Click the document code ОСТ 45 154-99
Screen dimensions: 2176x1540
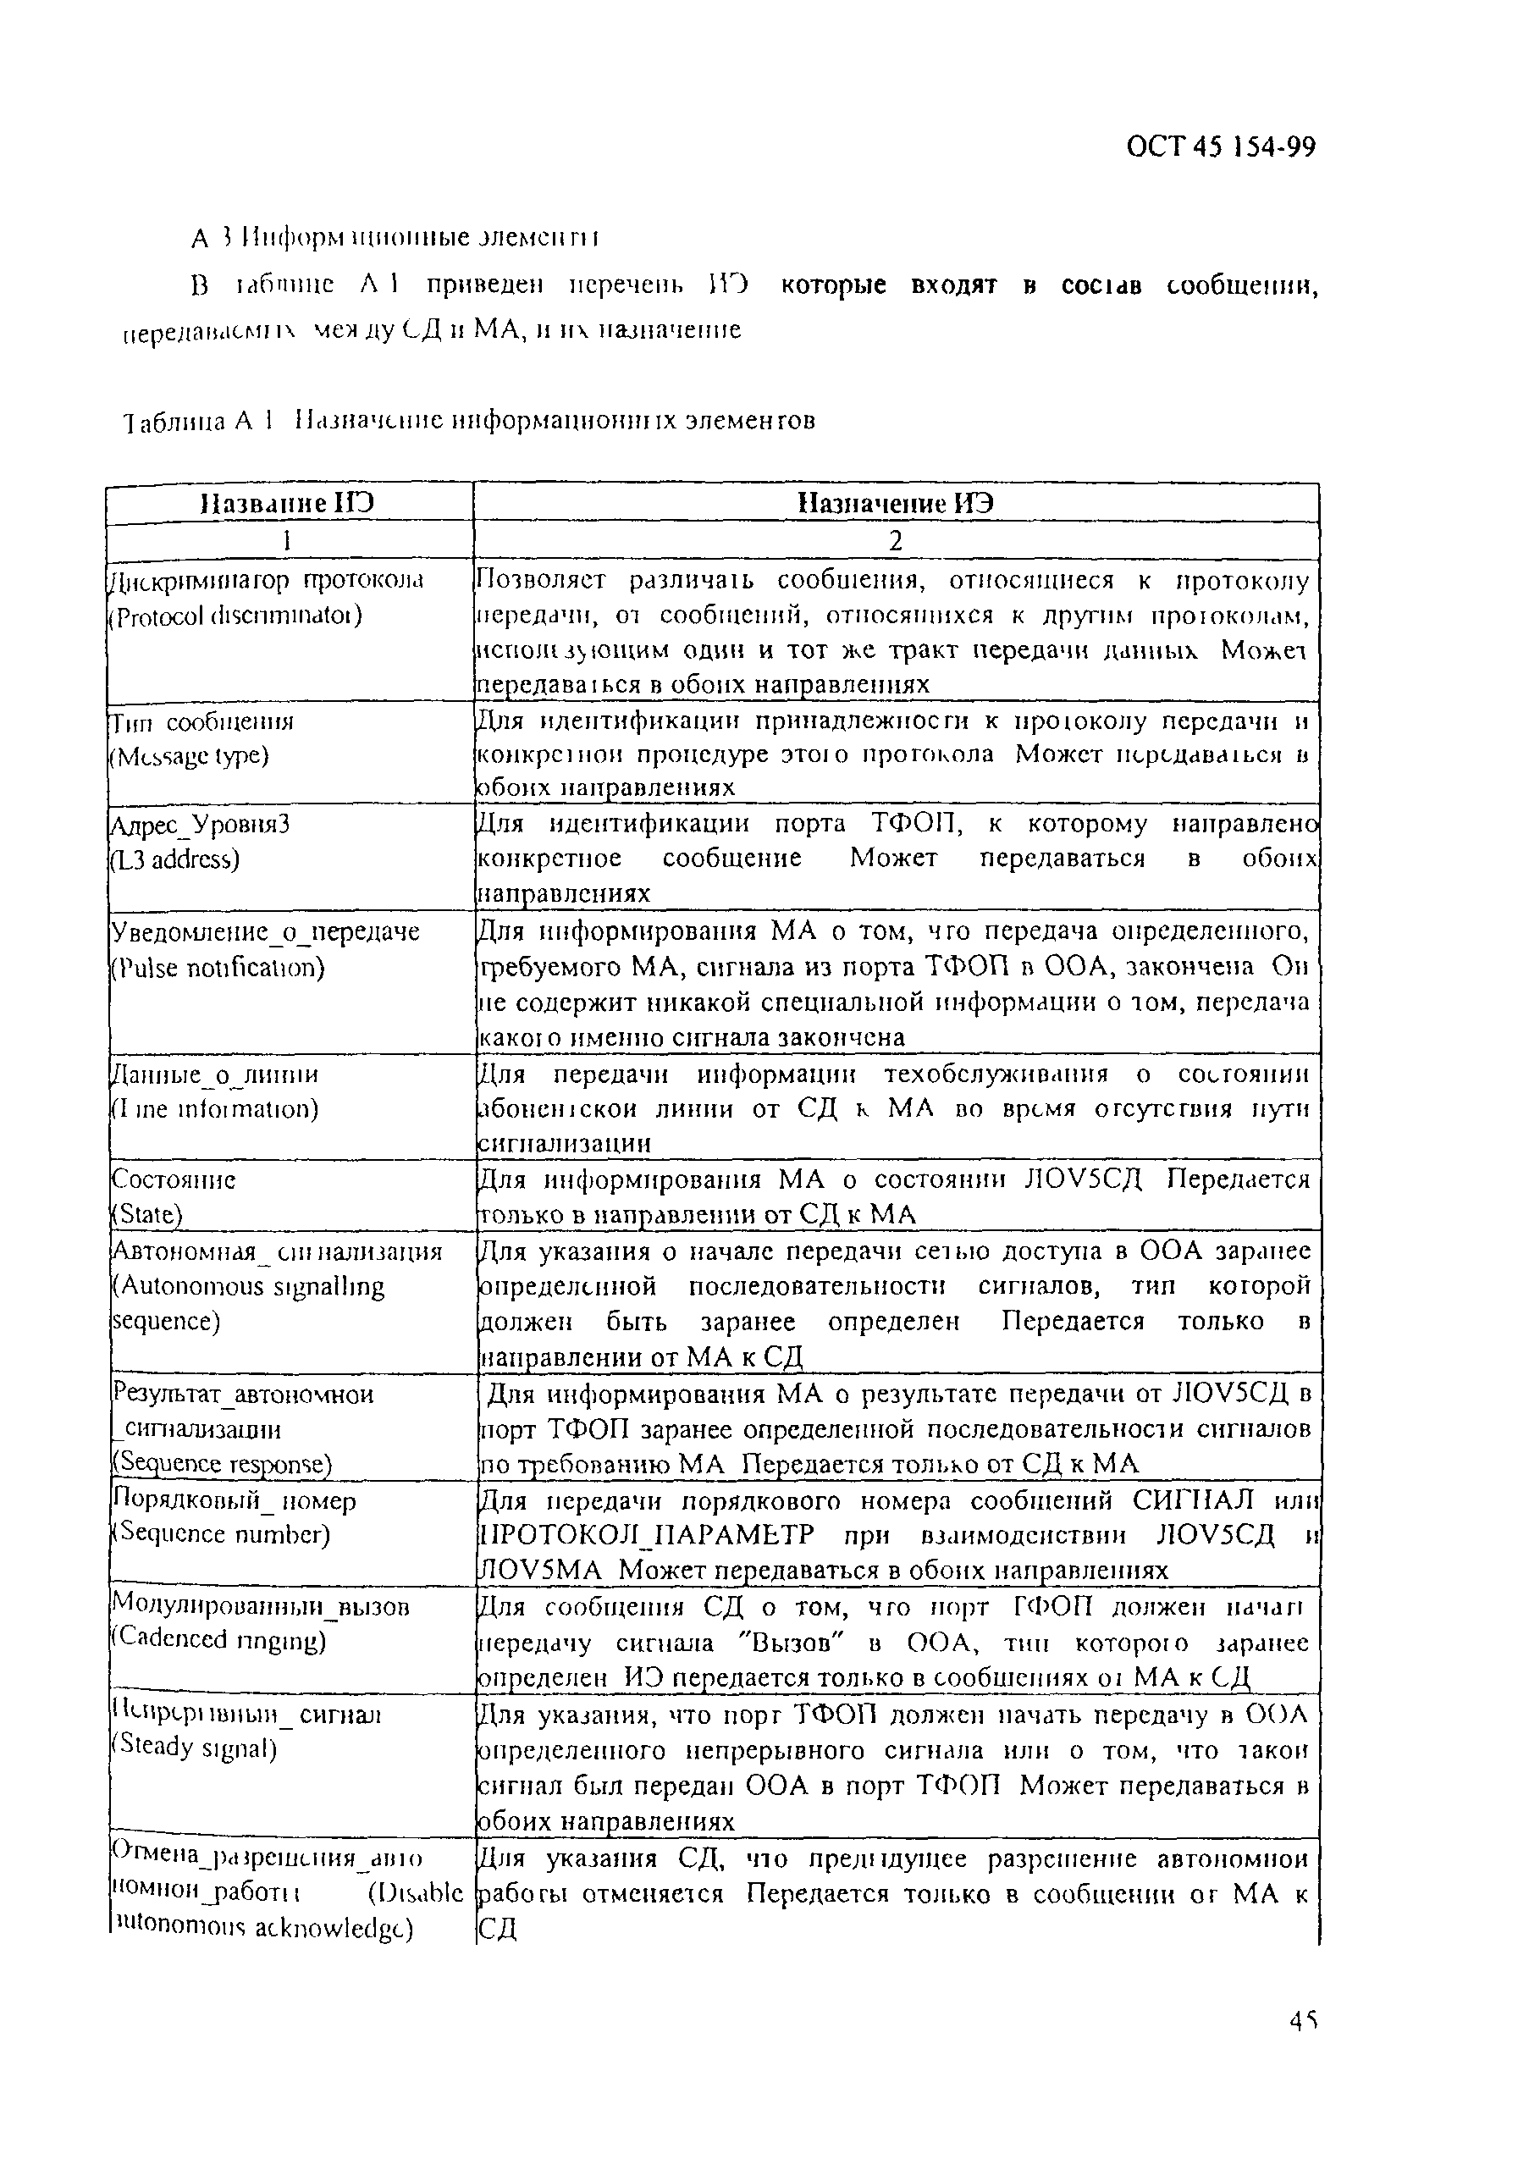1221,147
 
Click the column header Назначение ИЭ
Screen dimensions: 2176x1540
895,503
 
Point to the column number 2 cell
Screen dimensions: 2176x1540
895,540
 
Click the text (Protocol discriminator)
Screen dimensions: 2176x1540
235,616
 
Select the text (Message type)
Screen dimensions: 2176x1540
189,757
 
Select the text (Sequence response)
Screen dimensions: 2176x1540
222,1465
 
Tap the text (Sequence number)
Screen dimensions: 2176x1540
220,1534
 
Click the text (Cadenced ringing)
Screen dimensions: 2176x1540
218,1639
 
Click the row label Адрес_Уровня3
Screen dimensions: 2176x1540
200,825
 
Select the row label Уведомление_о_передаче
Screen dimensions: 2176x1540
266,932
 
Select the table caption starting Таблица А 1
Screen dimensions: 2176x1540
469,419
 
